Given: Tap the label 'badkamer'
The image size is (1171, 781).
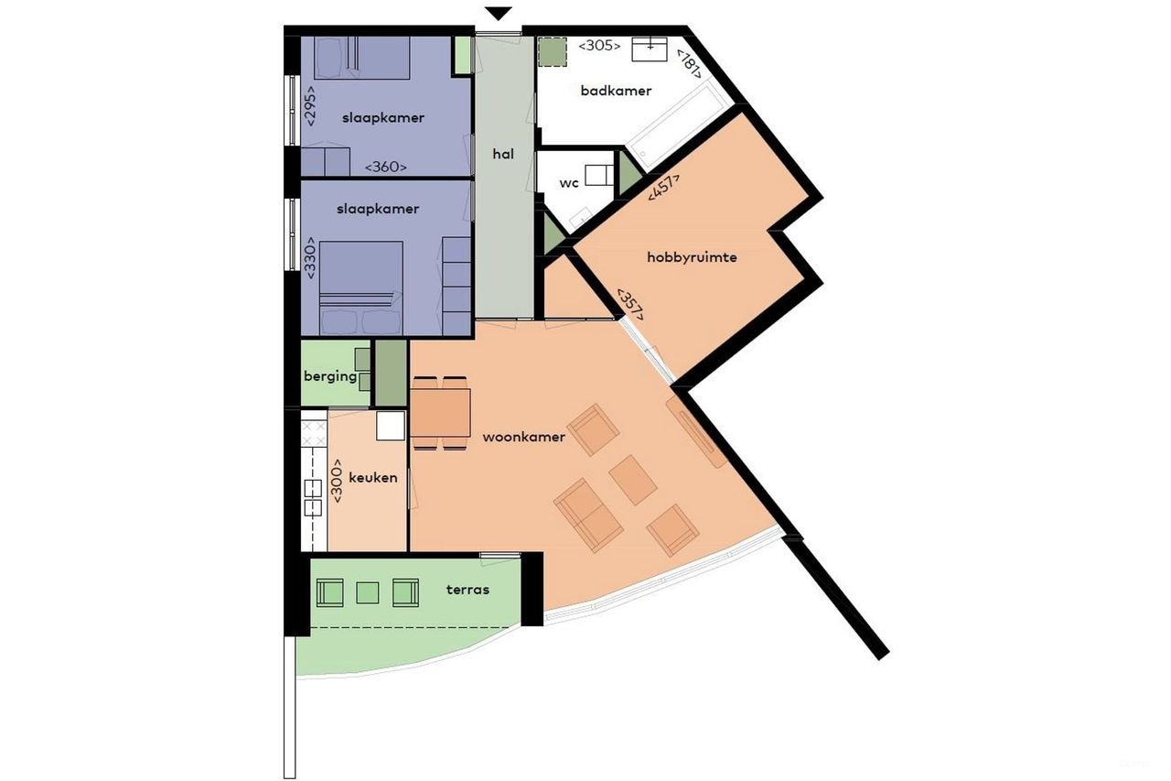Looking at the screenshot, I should pyautogui.click(x=616, y=91).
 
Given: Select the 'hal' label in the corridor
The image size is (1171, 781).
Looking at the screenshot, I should pyautogui.click(x=502, y=154).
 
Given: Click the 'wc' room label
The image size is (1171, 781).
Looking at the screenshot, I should pyautogui.click(x=569, y=183).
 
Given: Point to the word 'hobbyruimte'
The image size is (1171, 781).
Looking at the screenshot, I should pyautogui.click(x=692, y=258).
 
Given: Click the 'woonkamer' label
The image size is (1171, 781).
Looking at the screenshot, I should pyautogui.click(x=523, y=437).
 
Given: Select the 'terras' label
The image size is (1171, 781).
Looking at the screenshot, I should pyautogui.click(x=468, y=589).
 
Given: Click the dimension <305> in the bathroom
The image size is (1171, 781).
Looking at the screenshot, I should pyautogui.click(x=600, y=45).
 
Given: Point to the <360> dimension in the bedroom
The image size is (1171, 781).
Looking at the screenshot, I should pyautogui.click(x=385, y=167).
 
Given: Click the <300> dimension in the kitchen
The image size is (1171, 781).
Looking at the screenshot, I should pyautogui.click(x=338, y=479).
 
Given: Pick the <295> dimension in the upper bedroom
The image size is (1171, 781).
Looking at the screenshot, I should pyautogui.click(x=310, y=105).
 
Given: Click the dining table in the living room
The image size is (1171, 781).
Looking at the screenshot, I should pyautogui.click(x=440, y=412).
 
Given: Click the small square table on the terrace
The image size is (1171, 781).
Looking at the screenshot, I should pyautogui.click(x=367, y=593).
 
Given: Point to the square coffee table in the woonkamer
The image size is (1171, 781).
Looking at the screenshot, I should pyautogui.click(x=633, y=479).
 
